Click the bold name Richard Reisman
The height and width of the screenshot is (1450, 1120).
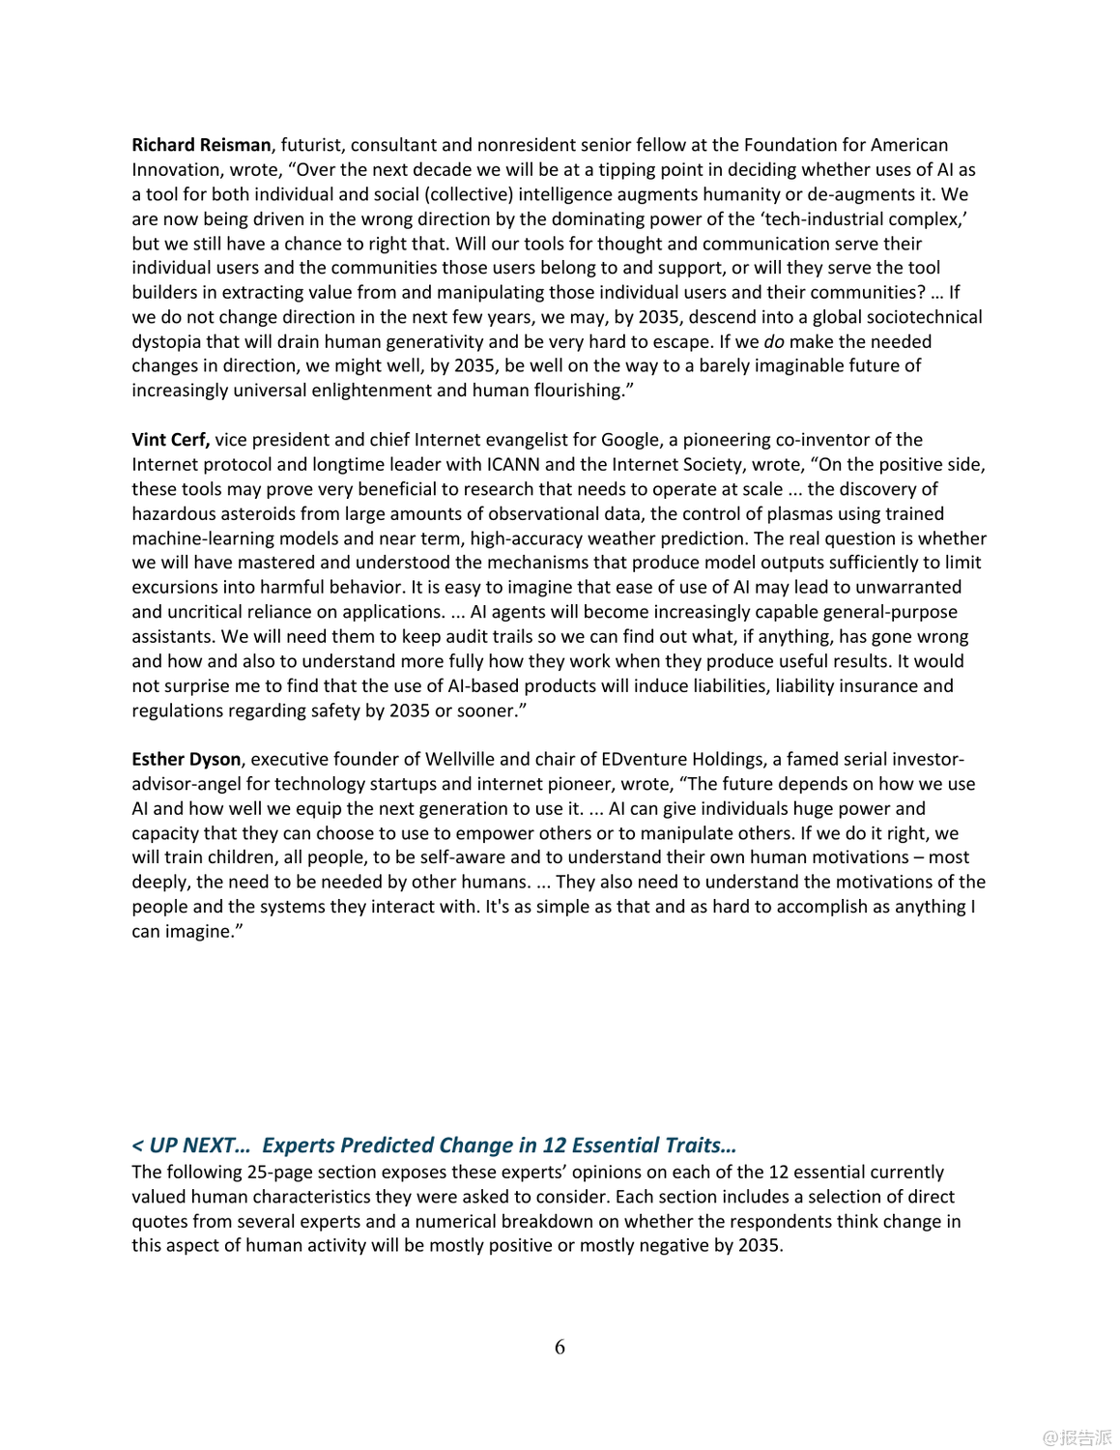click(201, 145)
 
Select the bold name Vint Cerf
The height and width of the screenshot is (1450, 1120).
click(170, 440)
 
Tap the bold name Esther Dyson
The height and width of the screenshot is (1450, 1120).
click(186, 759)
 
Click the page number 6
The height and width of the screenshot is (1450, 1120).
click(560, 1347)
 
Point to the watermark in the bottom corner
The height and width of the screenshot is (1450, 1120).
click(1077, 1436)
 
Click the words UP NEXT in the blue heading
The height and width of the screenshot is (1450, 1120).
click(199, 1145)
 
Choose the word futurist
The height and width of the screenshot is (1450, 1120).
click(310, 145)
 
